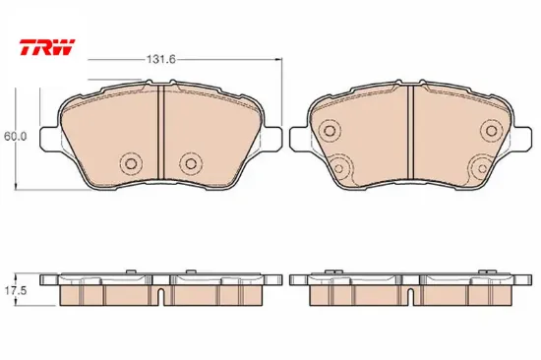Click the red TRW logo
click(47, 47)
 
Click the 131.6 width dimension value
click(161, 60)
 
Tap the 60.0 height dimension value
click(15, 137)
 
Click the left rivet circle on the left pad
click(131, 163)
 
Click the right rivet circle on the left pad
click(191, 163)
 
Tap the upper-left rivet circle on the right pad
click(330, 131)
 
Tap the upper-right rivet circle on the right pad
click(491, 131)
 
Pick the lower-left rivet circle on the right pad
click(339, 168)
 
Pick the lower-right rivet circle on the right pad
click(482, 168)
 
